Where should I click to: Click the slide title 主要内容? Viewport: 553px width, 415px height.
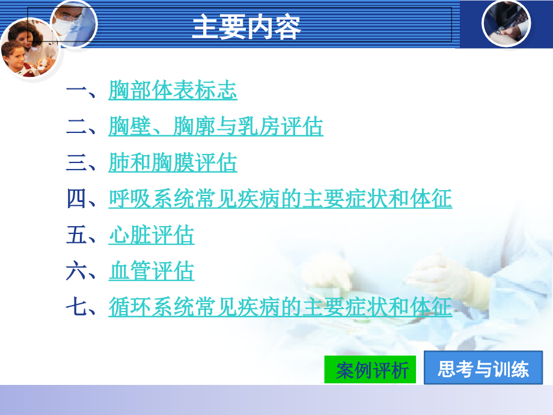[x=246, y=27]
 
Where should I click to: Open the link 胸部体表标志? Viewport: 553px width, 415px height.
[x=173, y=91]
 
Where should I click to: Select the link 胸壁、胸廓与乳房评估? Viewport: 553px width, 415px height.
[x=216, y=128]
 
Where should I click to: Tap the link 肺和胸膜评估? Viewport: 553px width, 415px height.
[x=173, y=164]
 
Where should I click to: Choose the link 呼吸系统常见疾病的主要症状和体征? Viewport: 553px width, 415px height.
[x=280, y=200]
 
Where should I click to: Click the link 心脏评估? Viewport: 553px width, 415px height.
[x=151, y=236]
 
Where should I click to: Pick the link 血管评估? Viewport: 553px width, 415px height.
[x=151, y=272]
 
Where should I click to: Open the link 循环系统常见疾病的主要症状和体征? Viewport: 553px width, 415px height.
[x=280, y=308]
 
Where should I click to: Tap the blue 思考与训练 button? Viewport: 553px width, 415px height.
[x=483, y=368]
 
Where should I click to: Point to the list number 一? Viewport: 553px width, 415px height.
[x=77, y=92]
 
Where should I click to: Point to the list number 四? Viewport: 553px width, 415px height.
[x=77, y=200]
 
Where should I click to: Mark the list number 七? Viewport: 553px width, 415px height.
[x=77, y=308]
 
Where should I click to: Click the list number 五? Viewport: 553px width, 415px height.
[x=77, y=236]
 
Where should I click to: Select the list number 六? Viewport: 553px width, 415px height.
[x=77, y=272]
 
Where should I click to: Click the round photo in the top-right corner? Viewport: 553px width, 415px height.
[x=507, y=23]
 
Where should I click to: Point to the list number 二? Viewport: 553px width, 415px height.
[x=77, y=128]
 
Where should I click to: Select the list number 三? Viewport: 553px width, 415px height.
[x=77, y=164]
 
